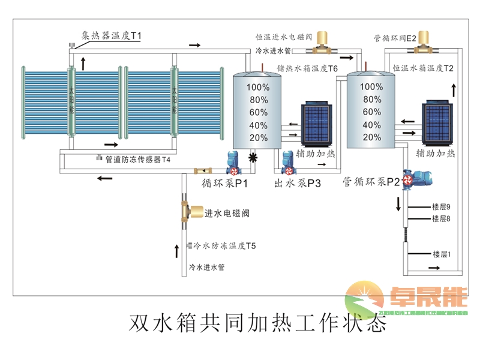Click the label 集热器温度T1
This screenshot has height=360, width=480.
112,36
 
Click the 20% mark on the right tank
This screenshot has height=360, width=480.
371,137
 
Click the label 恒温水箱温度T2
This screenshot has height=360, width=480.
423,68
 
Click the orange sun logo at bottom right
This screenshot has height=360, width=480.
363,297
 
